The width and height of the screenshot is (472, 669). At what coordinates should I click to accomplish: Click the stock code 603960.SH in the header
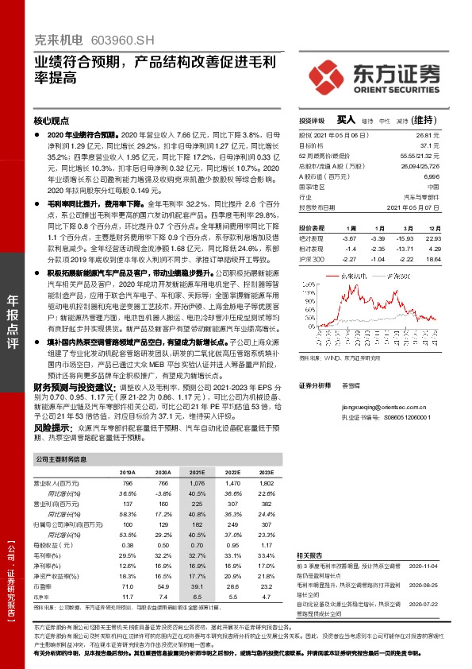pyautogui.click(x=117, y=39)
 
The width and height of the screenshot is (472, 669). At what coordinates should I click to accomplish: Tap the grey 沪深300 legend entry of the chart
pyautogui.click(x=397, y=276)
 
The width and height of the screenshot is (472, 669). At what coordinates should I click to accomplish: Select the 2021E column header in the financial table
pyautogui.click(x=196, y=472)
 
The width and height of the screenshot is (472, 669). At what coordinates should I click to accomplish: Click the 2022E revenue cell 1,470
pyautogui.click(x=232, y=483)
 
